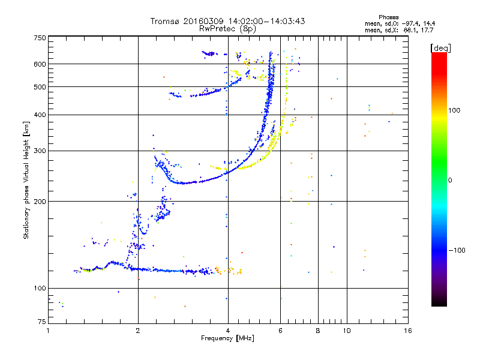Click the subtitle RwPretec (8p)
pos(227,29)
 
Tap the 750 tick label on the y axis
pos(40,38)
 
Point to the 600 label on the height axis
pos(40,64)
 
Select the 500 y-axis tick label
pos(40,87)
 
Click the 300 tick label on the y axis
pos(40,151)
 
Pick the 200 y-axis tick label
pos(40,202)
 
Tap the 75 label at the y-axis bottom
pos(42,322)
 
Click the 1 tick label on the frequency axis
pos(48,331)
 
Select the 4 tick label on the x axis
pos(228,331)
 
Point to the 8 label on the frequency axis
pos(318,331)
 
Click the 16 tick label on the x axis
pos(408,331)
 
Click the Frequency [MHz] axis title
pos(227,338)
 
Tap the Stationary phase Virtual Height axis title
pos(26,181)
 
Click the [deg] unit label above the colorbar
pos(440,48)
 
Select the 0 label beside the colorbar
pos(449,181)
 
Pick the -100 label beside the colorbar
pos(457,250)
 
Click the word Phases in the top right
pos(388,17)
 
